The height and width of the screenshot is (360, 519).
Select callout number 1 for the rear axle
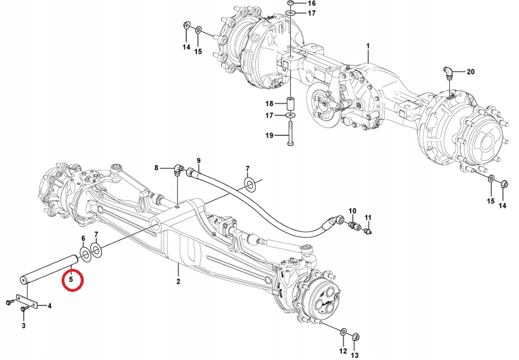368,45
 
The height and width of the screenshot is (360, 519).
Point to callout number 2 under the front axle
178,281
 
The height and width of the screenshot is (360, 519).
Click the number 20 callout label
471,71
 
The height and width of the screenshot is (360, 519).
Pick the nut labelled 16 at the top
290,3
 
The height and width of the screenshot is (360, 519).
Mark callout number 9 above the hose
199,160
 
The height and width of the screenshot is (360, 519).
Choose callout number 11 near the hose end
368,218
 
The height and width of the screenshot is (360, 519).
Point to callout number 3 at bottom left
23,326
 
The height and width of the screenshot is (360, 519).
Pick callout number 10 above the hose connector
352,211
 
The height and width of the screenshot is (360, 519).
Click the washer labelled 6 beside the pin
85,253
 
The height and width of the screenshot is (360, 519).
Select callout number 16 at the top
312,3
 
